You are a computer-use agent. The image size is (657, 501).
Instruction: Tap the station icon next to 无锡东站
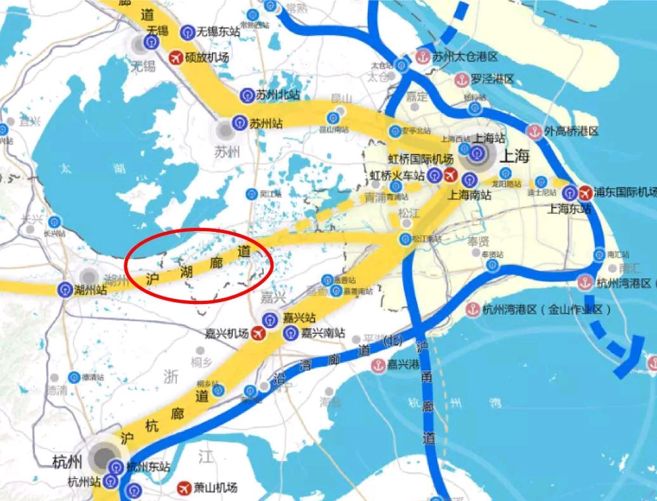pyautogui.click(x=188, y=32)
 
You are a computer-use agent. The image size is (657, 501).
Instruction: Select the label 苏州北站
pyautogui.click(x=278, y=95)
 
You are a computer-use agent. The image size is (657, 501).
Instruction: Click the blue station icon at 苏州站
pyautogui.click(x=240, y=123)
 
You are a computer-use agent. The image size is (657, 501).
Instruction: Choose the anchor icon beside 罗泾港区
pyautogui.click(x=461, y=80)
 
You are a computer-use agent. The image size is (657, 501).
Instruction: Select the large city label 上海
pyautogui.click(x=514, y=156)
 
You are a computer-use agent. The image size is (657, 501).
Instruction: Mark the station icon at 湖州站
pyautogui.click(x=63, y=290)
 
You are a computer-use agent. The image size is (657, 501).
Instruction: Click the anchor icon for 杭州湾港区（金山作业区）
pyautogui.click(x=472, y=310)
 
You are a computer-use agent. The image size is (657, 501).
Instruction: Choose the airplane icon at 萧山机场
pyautogui.click(x=184, y=488)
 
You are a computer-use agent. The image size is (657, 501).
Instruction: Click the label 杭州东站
pyautogui.click(x=148, y=467)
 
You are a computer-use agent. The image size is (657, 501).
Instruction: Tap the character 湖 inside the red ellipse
pyautogui.click(x=186, y=272)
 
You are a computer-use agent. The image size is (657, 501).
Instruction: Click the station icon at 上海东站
pyautogui.click(x=569, y=192)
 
